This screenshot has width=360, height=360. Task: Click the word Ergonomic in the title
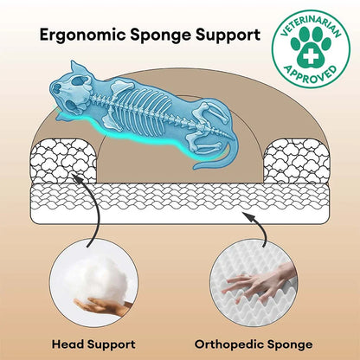(82, 35)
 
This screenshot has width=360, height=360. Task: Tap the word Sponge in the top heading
(161, 35)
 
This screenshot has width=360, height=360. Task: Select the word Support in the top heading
(228, 35)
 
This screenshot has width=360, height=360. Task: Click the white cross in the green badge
(311, 56)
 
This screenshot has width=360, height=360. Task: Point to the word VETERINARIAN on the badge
(311, 23)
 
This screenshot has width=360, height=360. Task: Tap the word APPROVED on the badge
(311, 75)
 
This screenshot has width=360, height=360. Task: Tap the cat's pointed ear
(76, 68)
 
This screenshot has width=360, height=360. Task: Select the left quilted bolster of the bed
(63, 161)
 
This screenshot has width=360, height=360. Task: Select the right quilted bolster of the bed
(297, 161)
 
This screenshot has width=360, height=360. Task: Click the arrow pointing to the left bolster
(92, 209)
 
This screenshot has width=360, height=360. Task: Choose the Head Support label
(93, 344)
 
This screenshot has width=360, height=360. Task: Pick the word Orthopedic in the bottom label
(228, 344)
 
